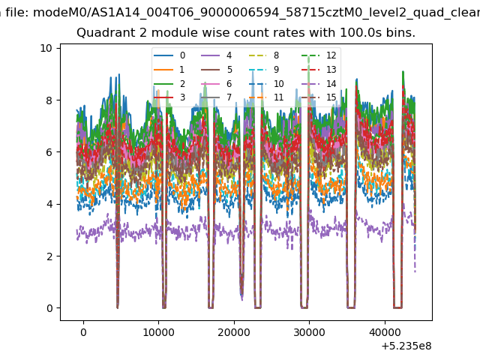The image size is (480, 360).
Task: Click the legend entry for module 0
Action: click(169, 55)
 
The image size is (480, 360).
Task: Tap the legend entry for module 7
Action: click(217, 97)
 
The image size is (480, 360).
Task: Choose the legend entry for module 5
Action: click(217, 70)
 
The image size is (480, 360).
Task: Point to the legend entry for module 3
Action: click(169, 97)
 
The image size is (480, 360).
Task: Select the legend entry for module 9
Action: click(264, 70)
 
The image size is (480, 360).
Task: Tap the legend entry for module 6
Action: click(217, 83)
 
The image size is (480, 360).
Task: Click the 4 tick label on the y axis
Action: click(49, 204)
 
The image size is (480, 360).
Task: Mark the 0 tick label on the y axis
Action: click(49, 308)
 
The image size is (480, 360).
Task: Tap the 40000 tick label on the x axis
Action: click(385, 332)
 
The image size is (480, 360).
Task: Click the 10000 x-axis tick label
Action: click(158, 332)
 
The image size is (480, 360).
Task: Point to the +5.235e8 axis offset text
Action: click(406, 346)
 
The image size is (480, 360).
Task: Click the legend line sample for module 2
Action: click(163, 83)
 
